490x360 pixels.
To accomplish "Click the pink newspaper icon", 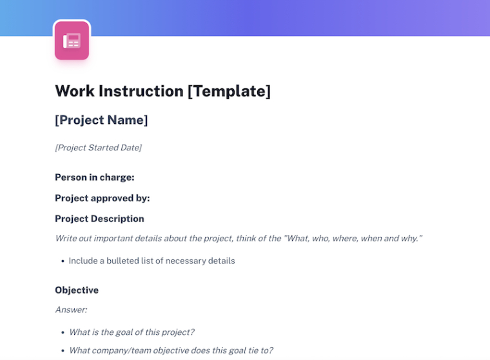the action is (x=72, y=41).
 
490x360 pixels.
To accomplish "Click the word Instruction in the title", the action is (x=141, y=91).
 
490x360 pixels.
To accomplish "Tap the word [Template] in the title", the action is (x=229, y=92).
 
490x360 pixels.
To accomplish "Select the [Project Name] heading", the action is (x=101, y=120).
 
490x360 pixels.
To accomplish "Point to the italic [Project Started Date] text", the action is (x=99, y=148).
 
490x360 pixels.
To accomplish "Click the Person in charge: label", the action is (x=95, y=177).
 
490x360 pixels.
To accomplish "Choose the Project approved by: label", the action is (x=103, y=198).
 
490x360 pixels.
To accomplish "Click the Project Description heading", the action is (x=99, y=219).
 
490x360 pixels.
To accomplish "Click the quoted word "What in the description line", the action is (x=297, y=238).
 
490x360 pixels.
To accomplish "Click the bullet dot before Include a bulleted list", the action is (x=63, y=261).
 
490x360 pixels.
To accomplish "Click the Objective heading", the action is (x=77, y=290).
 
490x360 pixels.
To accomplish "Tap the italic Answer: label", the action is (x=72, y=310).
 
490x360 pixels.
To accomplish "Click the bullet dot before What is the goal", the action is (x=63, y=332).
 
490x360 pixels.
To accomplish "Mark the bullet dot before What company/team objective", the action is (x=63, y=350).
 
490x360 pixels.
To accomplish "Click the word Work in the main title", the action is (x=75, y=91).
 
